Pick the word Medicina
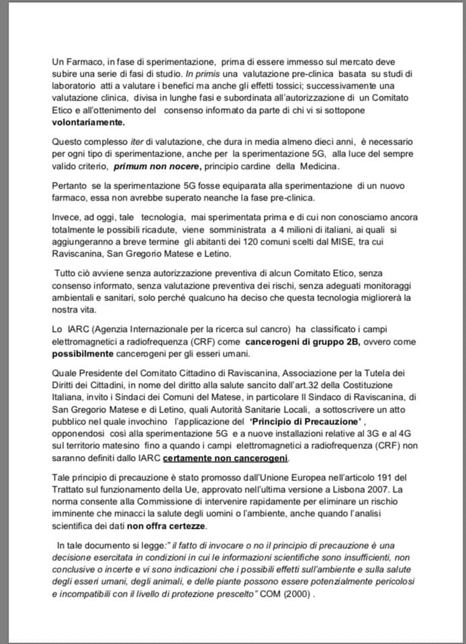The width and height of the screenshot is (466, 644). coord(317,166)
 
